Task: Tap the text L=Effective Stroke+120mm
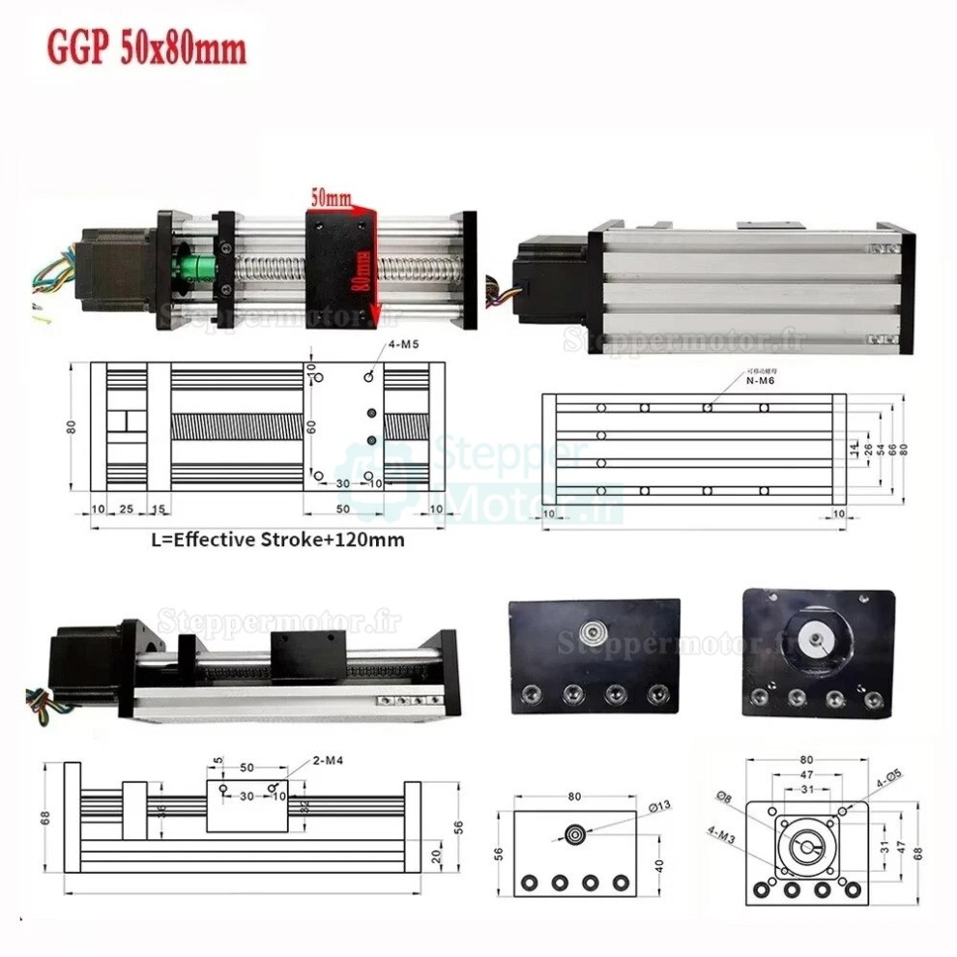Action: coord(278,539)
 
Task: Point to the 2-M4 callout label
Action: coord(328,761)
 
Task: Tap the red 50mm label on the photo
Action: coord(330,197)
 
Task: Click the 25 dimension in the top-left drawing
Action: coord(126,508)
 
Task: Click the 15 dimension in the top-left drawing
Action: coord(158,508)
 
